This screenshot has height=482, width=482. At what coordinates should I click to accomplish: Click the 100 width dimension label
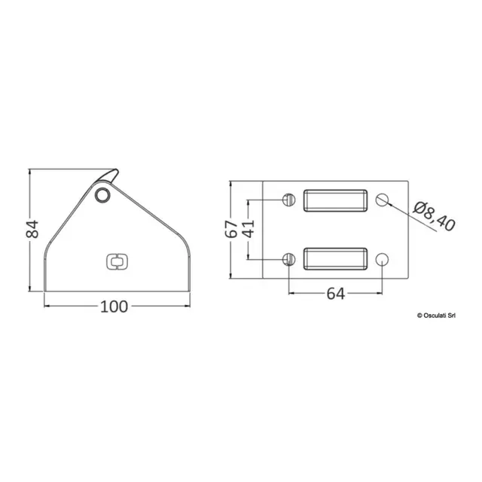click(x=114, y=306)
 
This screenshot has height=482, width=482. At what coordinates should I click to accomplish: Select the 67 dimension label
click(x=233, y=229)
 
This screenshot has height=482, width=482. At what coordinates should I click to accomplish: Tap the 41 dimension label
click(x=247, y=229)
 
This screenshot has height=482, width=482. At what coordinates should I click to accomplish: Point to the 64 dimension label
click(x=335, y=294)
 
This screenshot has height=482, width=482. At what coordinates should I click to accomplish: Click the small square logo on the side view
click(x=116, y=261)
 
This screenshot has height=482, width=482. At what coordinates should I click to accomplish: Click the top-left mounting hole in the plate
click(x=287, y=200)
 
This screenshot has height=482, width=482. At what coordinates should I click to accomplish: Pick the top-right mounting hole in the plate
click(x=382, y=200)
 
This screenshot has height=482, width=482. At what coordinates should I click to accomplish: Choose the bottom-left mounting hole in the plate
click(x=287, y=259)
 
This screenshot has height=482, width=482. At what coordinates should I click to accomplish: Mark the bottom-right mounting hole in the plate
click(x=382, y=259)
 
